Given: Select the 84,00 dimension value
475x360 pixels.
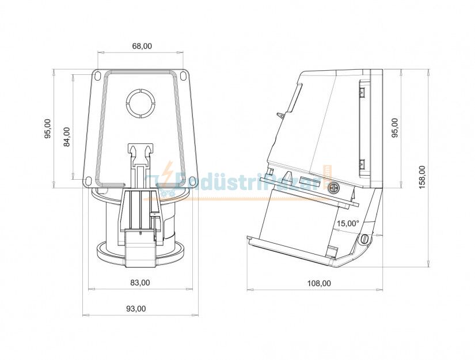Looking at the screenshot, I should coord(67,137).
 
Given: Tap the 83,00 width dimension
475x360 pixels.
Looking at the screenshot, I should coord(140,282).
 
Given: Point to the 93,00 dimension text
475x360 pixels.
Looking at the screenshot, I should coord(136,309).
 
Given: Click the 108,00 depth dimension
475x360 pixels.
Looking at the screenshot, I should coord(319,283).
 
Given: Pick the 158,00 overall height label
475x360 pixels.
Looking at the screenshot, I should coord(422,177).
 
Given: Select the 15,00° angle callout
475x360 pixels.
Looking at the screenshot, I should coord(348,223).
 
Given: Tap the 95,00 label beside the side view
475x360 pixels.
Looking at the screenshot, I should coord(394,128).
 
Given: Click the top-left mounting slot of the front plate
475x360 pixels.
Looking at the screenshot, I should coord(97,75).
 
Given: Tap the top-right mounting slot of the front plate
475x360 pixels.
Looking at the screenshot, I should coord(184,75).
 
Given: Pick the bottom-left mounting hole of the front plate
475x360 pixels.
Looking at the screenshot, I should coord(89,182).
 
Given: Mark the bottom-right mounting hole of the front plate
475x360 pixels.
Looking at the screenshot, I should coord(193,182).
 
